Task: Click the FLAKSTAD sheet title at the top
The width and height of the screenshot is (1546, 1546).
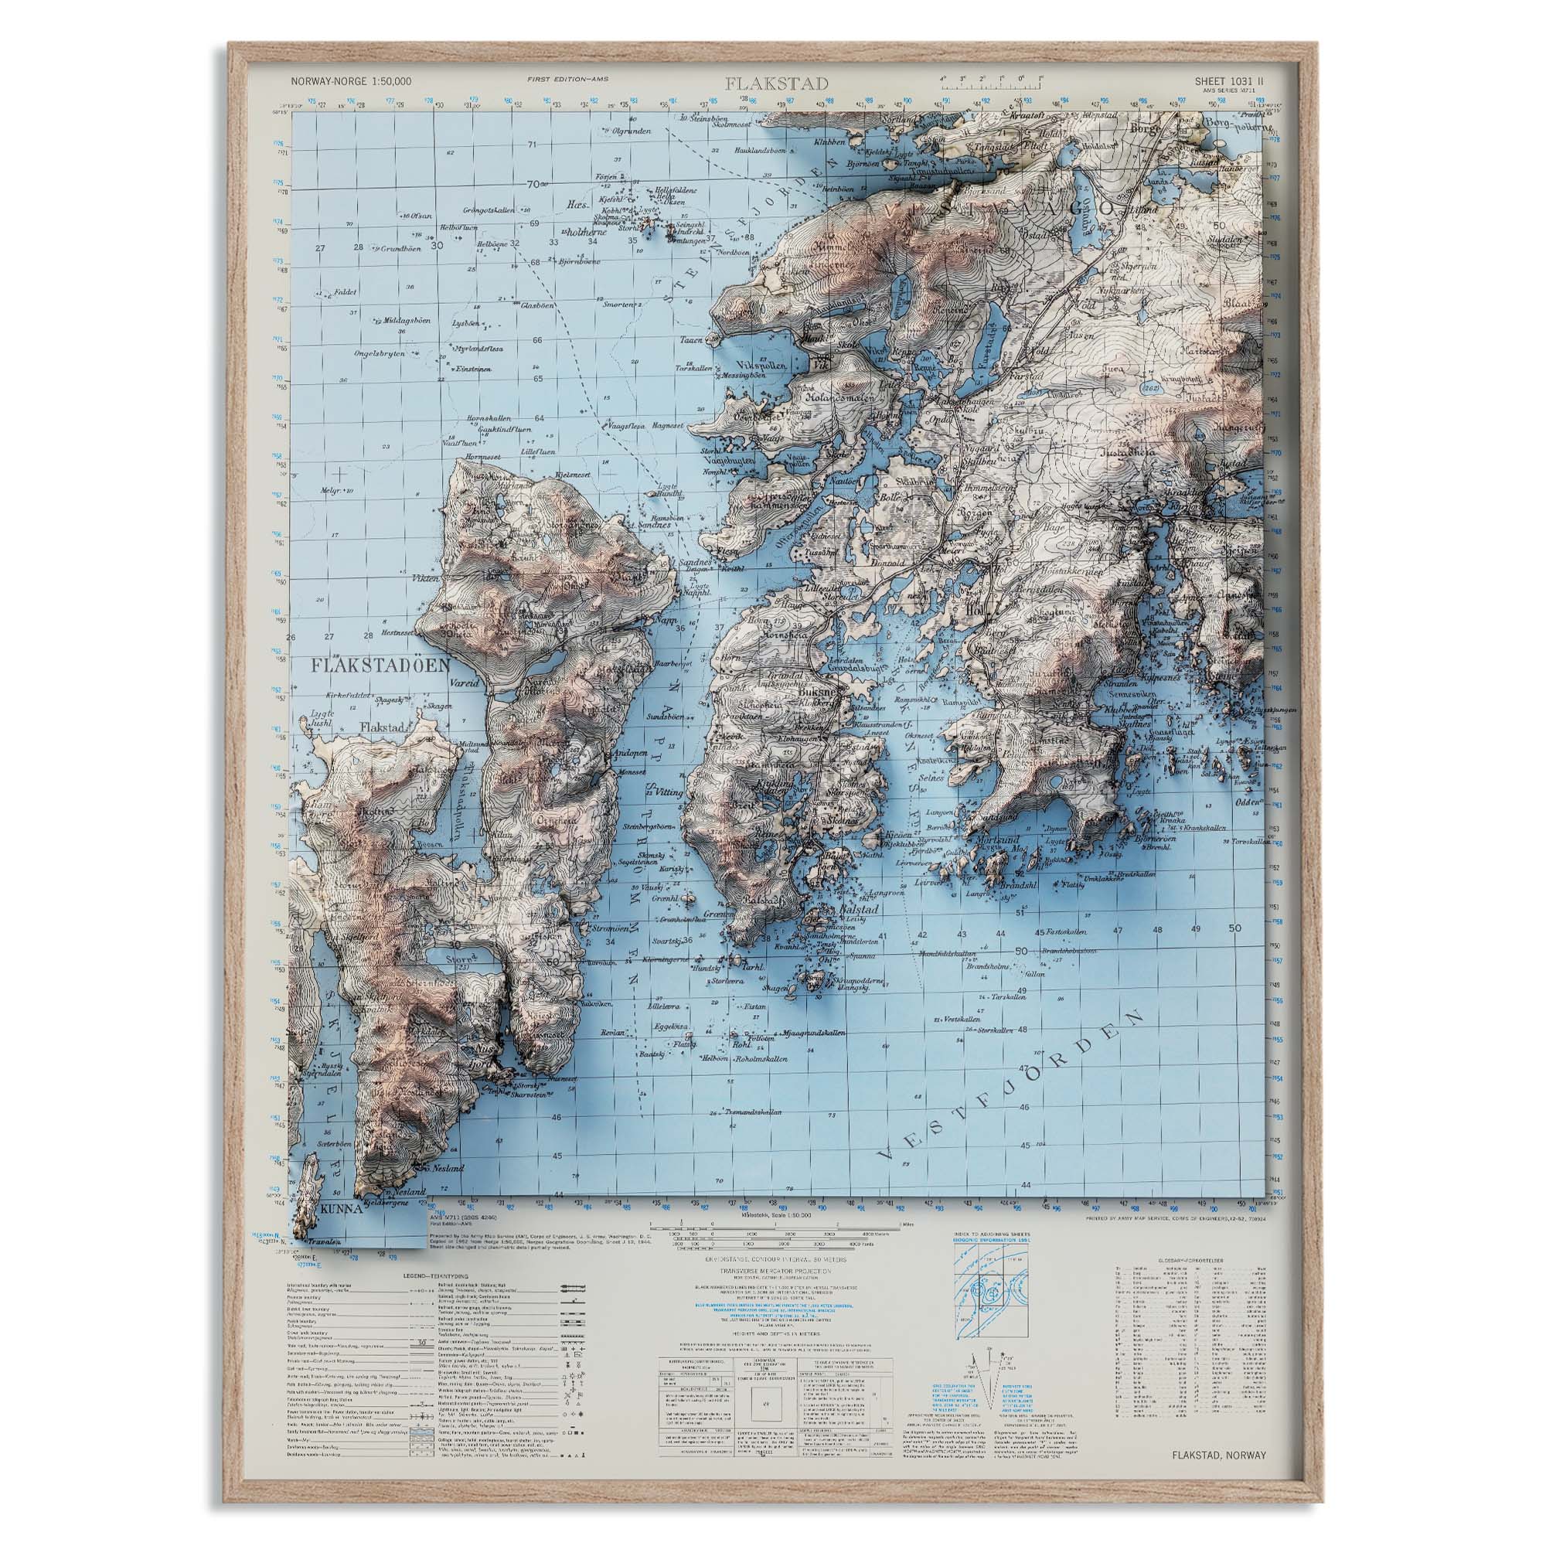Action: pos(777,83)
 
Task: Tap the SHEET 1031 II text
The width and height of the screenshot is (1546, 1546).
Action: pos(1229,81)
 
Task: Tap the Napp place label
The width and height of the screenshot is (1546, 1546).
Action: pos(665,620)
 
